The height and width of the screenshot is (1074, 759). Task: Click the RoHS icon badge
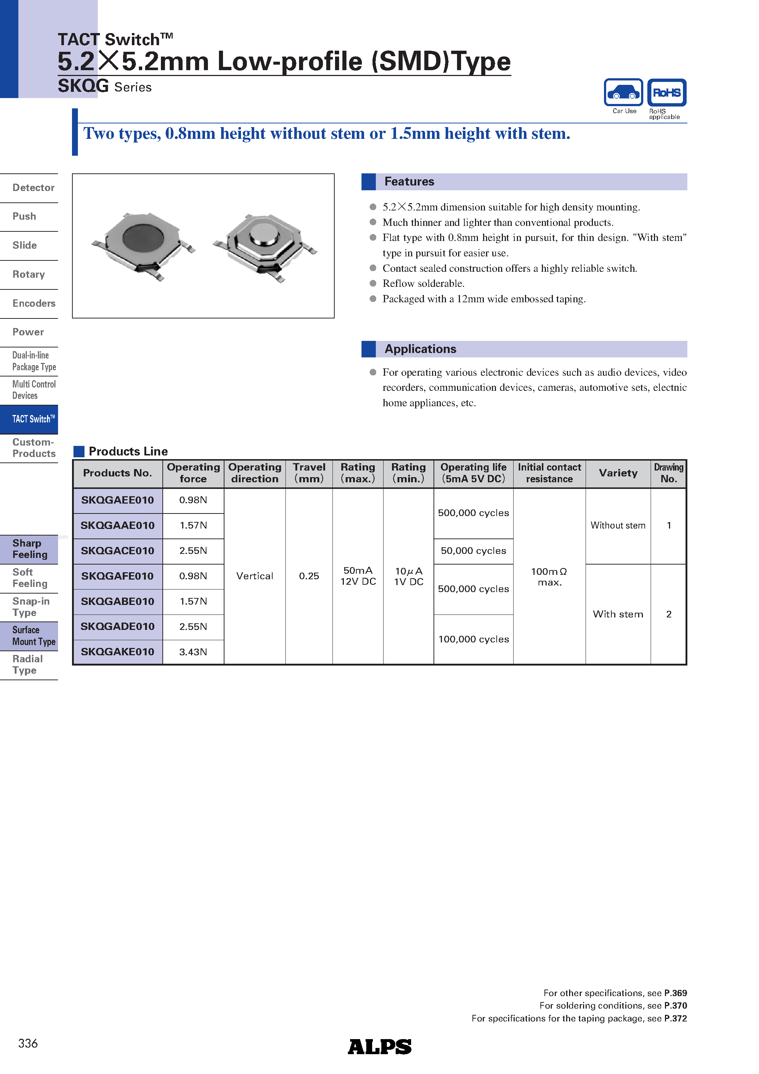666,93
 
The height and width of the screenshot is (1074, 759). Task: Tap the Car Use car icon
623,93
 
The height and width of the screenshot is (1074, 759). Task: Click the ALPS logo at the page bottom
379,1046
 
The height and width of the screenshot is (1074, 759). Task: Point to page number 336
28,1044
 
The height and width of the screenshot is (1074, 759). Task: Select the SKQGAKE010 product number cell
118,652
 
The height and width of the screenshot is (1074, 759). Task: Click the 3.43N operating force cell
193,652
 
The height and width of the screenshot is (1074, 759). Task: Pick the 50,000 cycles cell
473,551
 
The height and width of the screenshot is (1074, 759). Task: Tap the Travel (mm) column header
309,473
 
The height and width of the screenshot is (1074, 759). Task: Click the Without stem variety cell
618,525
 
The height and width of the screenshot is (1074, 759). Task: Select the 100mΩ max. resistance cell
549,576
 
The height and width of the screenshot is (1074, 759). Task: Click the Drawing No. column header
668,473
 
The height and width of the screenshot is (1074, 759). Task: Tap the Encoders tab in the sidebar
34,303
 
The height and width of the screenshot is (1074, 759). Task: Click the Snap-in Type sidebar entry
31,607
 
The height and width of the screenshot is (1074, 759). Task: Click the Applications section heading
420,349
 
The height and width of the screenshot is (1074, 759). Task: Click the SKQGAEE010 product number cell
118,500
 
